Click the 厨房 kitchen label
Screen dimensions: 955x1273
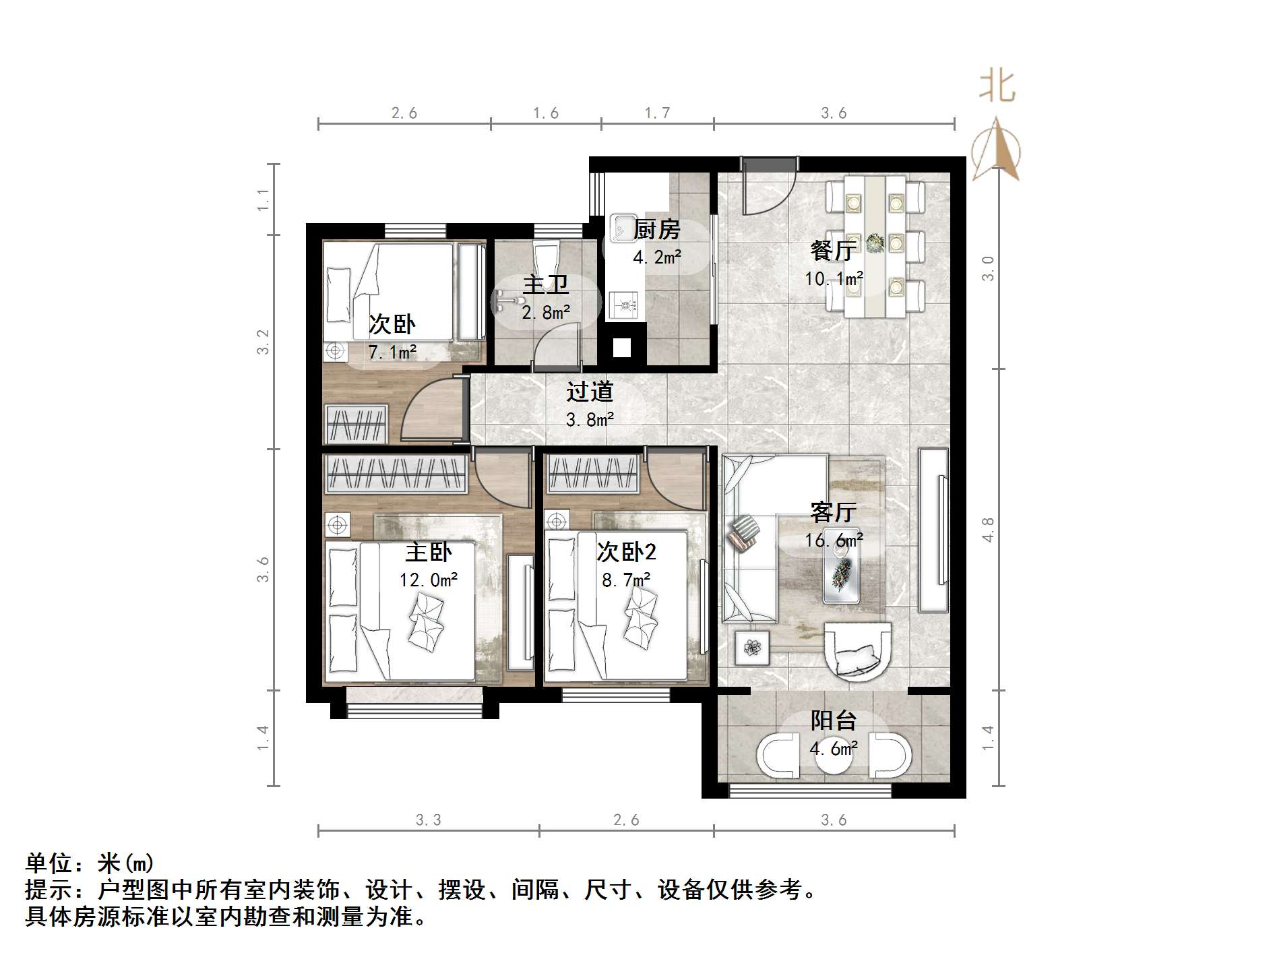pyautogui.click(x=657, y=230)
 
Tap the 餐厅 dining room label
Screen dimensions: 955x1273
pyautogui.click(x=833, y=251)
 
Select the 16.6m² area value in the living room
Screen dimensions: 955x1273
pyautogui.click(x=834, y=541)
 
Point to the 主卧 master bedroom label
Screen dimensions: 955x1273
pyautogui.click(x=428, y=553)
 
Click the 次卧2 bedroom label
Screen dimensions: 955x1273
pyautogui.click(x=626, y=553)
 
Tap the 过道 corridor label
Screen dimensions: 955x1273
pyautogui.click(x=590, y=392)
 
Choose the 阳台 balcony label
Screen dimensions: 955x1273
pyautogui.click(x=833, y=721)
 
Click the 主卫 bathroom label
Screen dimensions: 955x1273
pyautogui.click(x=546, y=284)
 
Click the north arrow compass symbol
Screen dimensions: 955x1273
pyautogui.click(x=996, y=151)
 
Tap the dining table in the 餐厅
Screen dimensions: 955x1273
pyautogui.click(x=875, y=246)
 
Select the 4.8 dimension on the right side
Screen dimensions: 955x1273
pyautogui.click(x=988, y=529)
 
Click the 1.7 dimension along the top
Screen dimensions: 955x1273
pyautogui.click(x=657, y=113)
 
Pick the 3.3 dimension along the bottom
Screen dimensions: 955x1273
pyautogui.click(x=428, y=820)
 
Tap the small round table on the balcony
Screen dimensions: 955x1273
pyautogui.click(x=834, y=756)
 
